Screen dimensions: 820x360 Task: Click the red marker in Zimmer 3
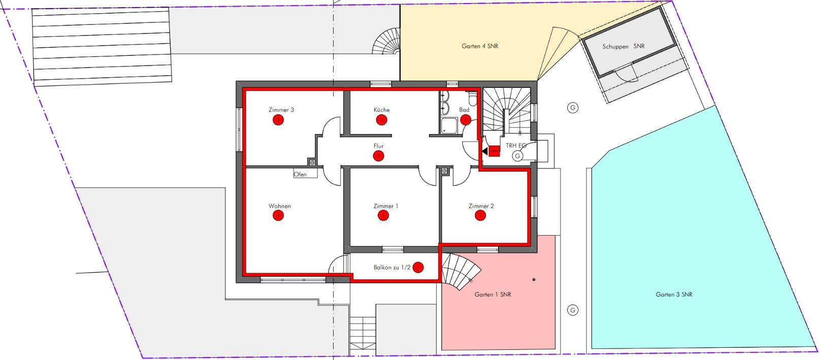pos(278,120)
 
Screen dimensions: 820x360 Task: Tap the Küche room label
pos(381,110)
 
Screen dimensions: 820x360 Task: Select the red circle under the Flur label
pos(378,156)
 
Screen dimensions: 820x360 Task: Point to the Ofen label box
pos(305,174)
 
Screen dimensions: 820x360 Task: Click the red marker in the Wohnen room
pos(278,215)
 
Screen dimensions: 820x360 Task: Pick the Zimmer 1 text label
pos(386,206)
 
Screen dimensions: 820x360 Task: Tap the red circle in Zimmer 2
pos(480,216)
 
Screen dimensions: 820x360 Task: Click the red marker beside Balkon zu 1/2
pos(418,268)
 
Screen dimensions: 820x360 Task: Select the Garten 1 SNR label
pos(493,294)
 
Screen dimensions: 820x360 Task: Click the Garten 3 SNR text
pos(674,294)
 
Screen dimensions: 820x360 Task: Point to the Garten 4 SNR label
pos(480,46)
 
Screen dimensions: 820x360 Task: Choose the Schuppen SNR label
pos(624,47)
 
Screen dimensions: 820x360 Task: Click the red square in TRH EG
pos(494,151)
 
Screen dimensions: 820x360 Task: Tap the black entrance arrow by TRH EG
pos(485,150)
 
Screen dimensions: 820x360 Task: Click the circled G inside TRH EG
pos(517,156)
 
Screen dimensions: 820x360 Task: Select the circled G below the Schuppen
pos(573,108)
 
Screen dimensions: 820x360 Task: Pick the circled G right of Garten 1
pos(573,310)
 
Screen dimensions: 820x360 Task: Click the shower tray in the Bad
pos(449,125)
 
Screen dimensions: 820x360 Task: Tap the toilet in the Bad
pos(473,99)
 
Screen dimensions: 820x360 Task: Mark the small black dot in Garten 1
pos(534,280)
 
